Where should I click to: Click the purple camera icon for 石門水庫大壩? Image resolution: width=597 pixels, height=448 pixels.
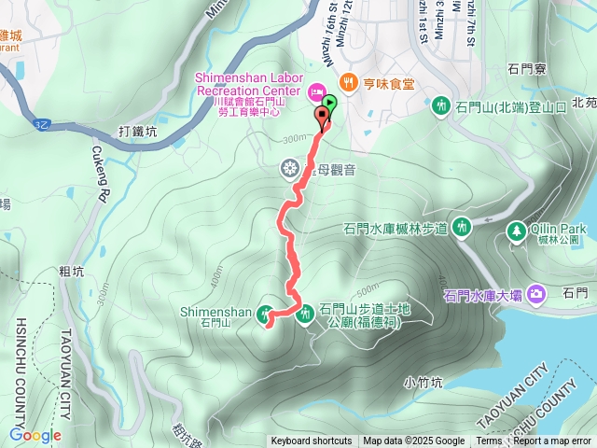[536, 295]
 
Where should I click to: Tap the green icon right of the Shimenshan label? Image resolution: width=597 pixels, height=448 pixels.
[266, 315]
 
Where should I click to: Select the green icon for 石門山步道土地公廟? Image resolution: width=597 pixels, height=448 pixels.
[305, 316]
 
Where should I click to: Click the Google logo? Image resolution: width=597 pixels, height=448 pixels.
[35, 435]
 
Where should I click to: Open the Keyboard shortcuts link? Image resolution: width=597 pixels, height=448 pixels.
[311, 441]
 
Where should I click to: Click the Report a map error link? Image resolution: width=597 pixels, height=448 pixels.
[552, 441]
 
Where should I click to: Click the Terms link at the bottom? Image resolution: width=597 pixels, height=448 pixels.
[489, 441]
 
